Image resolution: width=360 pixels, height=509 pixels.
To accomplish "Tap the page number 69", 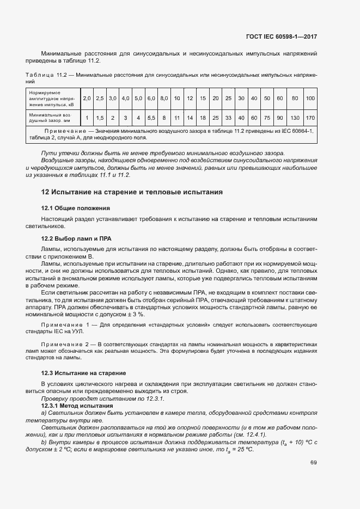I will (x=313, y=463).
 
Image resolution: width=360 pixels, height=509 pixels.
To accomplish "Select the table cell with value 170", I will (x=310, y=118).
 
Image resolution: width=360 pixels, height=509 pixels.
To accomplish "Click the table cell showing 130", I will (x=295, y=118).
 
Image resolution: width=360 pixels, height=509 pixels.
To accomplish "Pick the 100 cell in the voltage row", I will (x=310, y=99).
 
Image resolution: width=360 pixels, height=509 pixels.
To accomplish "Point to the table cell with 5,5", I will (x=151, y=118).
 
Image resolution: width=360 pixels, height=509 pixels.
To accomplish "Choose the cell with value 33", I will (x=228, y=118).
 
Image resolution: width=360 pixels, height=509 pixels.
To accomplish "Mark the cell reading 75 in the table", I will (x=267, y=118).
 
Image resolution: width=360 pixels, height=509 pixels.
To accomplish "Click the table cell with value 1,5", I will (x=100, y=118).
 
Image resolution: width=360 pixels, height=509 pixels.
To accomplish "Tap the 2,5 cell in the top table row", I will (x=100, y=99).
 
